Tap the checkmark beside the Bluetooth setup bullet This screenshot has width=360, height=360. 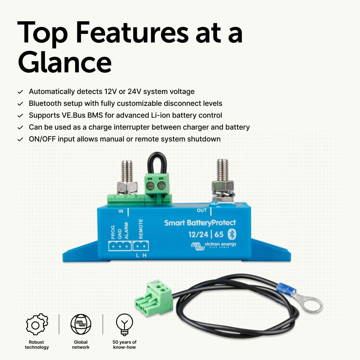(x=21, y=104)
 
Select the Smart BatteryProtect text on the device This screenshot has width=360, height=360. (x=200, y=223)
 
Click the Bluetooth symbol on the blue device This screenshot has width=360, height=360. (x=233, y=235)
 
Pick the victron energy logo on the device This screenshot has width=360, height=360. (x=213, y=246)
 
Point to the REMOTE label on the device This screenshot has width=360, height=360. (x=141, y=229)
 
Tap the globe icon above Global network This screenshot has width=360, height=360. (x=81, y=324)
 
